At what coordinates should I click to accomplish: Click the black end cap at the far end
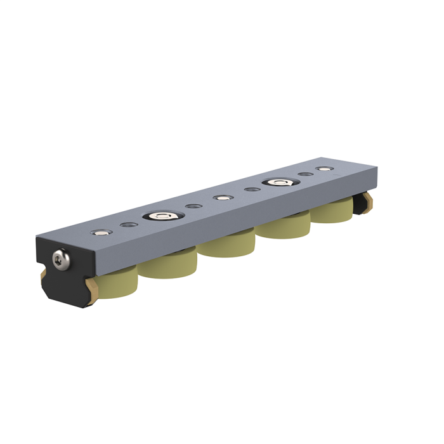pos(363,202)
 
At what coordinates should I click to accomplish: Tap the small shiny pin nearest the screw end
pos(99,232)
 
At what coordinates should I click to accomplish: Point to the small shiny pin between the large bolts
pos(221,198)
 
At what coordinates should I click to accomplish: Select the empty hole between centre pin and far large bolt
pos(250,190)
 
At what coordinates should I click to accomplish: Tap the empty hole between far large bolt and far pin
pos(305,174)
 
